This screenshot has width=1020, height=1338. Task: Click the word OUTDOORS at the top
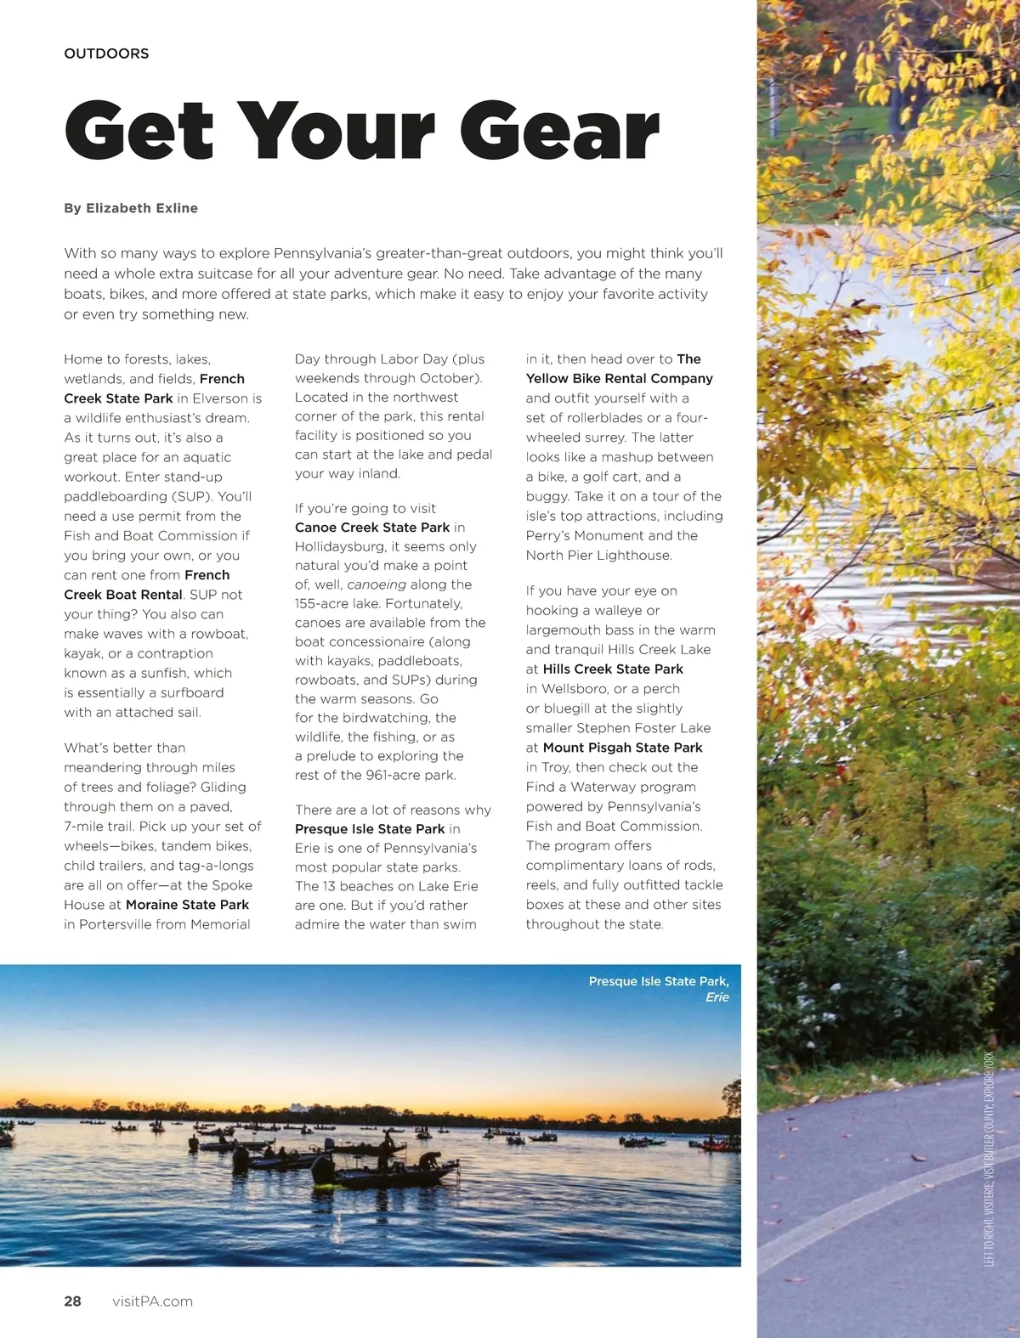tap(106, 54)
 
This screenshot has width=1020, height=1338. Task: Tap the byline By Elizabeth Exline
tap(131, 208)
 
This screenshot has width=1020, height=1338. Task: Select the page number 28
tap(73, 1301)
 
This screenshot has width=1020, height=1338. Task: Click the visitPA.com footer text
tap(152, 1301)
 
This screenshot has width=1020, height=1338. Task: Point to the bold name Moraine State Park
tap(187, 905)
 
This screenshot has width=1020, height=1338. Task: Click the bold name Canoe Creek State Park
tap(372, 528)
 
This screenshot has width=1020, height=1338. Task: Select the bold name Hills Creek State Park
tap(613, 669)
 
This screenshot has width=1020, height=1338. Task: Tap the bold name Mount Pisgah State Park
tap(622, 748)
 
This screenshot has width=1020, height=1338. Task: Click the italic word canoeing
tap(377, 584)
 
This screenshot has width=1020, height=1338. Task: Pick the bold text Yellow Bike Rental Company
tap(619, 378)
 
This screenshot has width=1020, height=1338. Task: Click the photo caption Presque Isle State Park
tap(659, 981)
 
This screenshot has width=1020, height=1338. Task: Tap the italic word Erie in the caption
tap(717, 997)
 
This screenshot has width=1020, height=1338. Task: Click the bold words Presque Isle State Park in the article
tap(370, 828)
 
